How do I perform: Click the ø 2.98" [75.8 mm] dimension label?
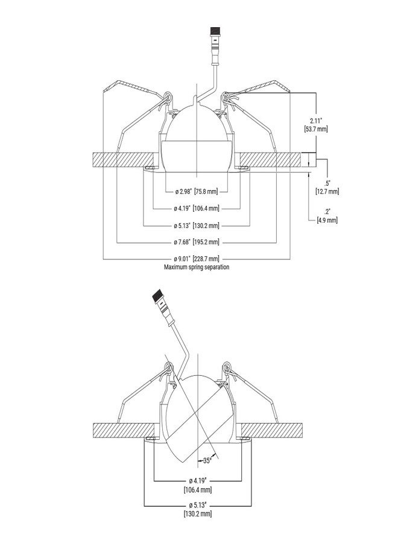click(x=197, y=191)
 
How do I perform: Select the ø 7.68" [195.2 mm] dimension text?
click(x=197, y=242)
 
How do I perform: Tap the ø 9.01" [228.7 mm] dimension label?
click(x=197, y=259)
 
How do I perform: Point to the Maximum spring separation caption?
click(x=196, y=267)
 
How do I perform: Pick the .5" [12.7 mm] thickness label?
click(x=327, y=187)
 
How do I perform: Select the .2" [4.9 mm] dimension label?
click(x=327, y=216)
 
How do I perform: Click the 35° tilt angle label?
click(x=207, y=460)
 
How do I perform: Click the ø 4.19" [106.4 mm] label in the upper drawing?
click(x=197, y=209)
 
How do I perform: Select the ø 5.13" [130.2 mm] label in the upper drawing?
click(x=197, y=226)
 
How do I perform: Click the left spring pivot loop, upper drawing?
click(x=168, y=96)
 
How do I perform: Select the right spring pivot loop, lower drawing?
click(x=226, y=367)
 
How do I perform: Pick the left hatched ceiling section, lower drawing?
click(x=123, y=430)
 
